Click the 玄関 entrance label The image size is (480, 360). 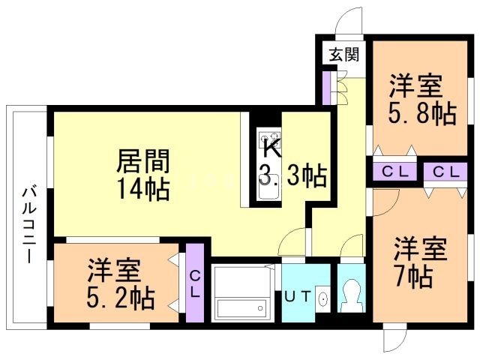(x=344, y=55)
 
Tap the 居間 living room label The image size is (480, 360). (x=143, y=161)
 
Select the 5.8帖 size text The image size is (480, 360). (x=422, y=113)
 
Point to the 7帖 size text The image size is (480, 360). (x=414, y=277)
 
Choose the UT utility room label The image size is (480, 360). (x=298, y=296)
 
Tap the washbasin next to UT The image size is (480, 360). (x=323, y=298)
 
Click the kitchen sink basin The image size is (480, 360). (x=269, y=187)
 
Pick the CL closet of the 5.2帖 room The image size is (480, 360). (x=195, y=283)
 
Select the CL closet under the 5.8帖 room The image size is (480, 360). (x=395, y=172)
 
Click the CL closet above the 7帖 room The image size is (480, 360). (x=445, y=172)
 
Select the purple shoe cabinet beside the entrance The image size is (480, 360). (x=327, y=88)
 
